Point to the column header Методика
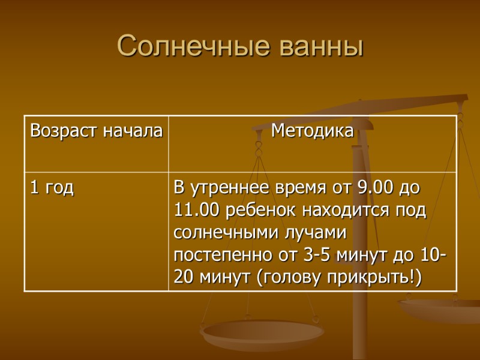[x=312, y=130]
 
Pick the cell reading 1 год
[x=52, y=188]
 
